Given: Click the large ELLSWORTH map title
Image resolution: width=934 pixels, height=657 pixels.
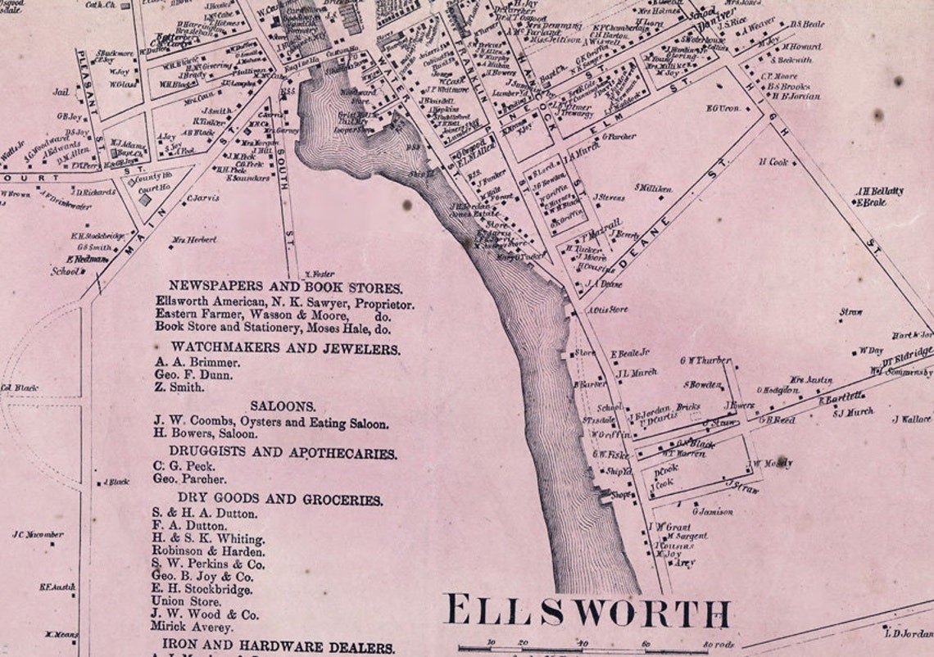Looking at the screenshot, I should point(586,613).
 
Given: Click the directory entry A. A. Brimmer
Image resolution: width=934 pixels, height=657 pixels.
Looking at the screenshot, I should point(197,362).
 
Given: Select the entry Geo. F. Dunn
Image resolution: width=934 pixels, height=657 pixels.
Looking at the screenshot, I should point(193,375).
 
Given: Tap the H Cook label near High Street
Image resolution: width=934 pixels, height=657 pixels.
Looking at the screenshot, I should point(773,162).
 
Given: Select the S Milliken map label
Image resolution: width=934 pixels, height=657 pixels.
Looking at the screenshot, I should point(654,188).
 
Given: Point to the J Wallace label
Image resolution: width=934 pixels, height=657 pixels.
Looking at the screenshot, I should point(911,419).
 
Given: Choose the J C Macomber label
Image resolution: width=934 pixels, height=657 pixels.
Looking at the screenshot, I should point(38,535).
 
